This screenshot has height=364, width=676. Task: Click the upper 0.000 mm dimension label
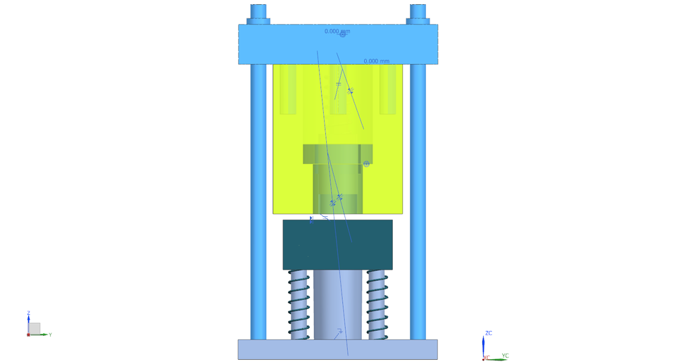tap(337, 31)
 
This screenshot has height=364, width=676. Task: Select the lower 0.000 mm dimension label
tap(376, 61)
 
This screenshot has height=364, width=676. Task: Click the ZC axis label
tap(489, 333)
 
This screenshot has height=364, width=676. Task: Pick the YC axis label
tap(505, 356)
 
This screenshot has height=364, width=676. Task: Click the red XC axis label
tap(486, 358)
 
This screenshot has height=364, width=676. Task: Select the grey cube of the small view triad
tap(34, 329)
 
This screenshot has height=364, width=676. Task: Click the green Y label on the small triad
tap(50, 335)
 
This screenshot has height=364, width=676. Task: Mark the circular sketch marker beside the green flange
tap(366, 164)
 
